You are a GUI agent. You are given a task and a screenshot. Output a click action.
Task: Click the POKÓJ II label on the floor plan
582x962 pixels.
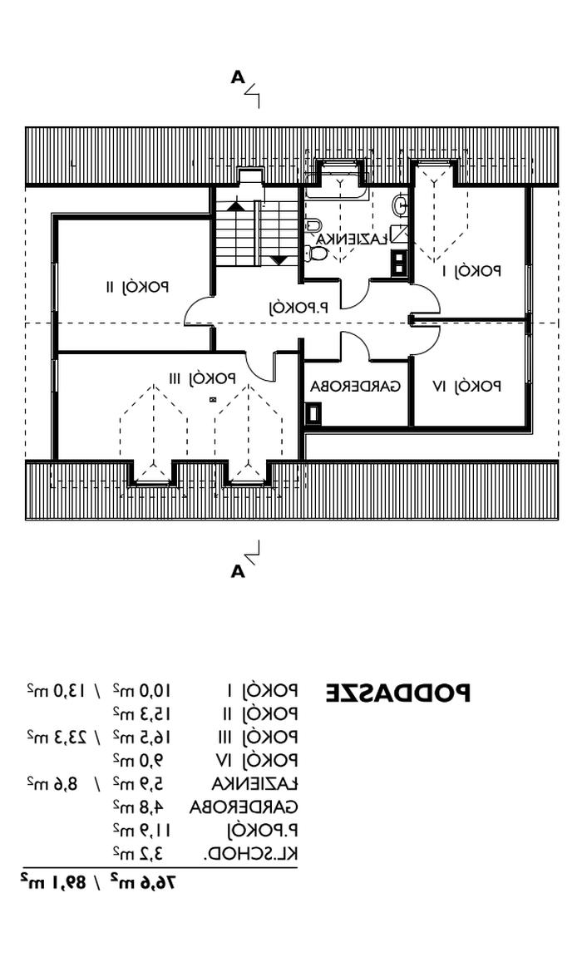tap(137, 288)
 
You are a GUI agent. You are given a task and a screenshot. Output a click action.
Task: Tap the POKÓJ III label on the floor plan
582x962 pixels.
tap(203, 378)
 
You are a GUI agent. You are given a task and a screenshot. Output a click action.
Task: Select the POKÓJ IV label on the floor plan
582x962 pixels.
tap(467, 386)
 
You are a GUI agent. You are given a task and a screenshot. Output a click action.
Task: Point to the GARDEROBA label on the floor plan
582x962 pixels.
tap(355, 387)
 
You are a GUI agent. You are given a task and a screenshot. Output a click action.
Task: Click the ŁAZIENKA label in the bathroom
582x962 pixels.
tap(352, 239)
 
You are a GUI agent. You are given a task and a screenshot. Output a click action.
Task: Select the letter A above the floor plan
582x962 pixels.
tap(238, 78)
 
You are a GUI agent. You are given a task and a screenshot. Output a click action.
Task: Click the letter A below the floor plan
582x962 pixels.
tap(238, 571)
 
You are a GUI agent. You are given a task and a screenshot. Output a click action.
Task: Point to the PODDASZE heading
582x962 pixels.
tap(397, 693)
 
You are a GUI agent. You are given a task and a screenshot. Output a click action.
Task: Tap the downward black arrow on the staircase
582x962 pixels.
tap(279, 260)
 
